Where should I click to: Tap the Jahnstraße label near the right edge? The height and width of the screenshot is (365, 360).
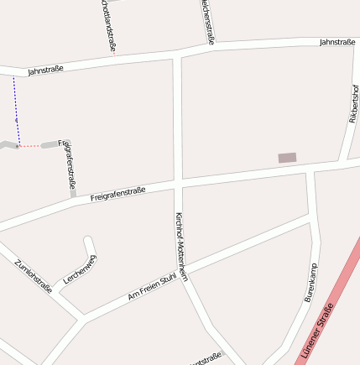tap(337, 41)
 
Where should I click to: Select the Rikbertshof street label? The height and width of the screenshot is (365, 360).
tap(354, 102)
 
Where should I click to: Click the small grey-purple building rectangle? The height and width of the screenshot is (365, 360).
tap(287, 158)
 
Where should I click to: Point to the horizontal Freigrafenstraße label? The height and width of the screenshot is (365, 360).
tap(117, 194)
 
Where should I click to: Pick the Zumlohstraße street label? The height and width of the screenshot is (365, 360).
tap(34, 276)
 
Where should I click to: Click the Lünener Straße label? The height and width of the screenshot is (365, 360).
tap(315, 333)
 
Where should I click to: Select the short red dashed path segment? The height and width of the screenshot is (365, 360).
tap(30, 146)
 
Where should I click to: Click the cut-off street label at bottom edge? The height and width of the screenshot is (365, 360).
tap(206, 359)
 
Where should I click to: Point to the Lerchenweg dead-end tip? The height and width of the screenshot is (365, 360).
tap(87, 239)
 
